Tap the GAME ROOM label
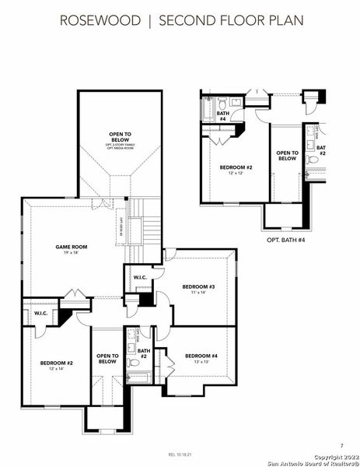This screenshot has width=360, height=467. [71, 247]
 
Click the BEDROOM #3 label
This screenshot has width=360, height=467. [198, 286]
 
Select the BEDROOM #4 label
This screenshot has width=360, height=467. [201, 356]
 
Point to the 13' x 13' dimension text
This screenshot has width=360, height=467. [201, 363]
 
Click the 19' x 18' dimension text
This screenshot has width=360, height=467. [71, 254]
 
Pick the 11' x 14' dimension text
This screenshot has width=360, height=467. [198, 293]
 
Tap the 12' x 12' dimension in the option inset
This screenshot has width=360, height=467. [236, 172]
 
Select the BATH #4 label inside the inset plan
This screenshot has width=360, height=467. [222, 116]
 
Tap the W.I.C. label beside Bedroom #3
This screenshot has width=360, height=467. [141, 278]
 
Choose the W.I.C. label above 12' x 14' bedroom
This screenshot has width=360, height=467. [40, 313]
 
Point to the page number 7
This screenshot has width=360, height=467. [341, 444]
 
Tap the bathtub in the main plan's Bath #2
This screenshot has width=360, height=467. [141, 379]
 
